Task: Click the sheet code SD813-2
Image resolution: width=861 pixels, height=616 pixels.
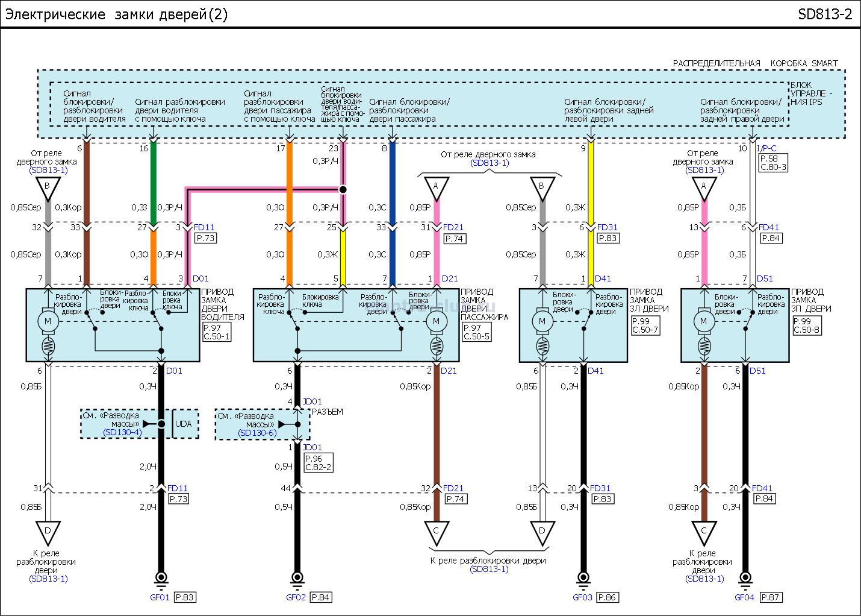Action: click(825, 14)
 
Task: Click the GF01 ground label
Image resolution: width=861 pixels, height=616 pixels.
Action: click(160, 597)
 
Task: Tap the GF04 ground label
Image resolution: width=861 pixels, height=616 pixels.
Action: click(744, 597)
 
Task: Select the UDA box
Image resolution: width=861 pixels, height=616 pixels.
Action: click(184, 424)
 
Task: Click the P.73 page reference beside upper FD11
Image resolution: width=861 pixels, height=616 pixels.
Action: click(205, 238)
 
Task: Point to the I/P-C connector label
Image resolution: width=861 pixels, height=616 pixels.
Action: click(766, 148)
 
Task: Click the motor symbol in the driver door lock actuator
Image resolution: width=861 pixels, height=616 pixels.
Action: click(48, 321)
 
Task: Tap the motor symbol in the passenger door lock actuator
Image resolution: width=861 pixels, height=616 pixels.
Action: click(437, 321)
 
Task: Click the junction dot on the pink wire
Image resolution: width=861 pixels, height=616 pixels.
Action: click(343, 189)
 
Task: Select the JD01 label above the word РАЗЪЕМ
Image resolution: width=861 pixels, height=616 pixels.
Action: click(312, 401)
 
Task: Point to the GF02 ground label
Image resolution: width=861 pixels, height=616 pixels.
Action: click(296, 597)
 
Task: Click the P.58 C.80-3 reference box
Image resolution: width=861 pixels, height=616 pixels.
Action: click(773, 163)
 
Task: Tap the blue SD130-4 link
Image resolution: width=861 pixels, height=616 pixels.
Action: click(122, 432)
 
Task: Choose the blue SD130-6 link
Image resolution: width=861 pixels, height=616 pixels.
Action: click(257, 433)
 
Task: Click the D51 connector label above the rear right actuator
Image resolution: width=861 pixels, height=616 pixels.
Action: click(765, 278)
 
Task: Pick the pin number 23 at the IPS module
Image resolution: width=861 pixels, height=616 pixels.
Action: click(334, 148)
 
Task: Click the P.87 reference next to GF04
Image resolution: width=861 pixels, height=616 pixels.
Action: click(770, 597)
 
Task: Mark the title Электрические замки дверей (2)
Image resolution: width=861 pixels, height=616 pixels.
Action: click(116, 14)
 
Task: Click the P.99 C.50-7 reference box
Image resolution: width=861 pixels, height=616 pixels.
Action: click(645, 325)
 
